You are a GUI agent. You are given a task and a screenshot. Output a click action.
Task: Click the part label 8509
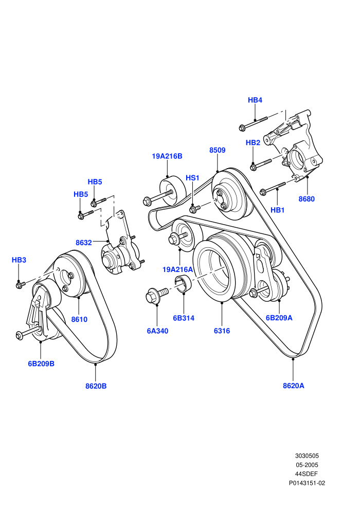[x=217, y=150]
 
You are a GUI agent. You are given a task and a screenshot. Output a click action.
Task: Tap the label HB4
[x=255, y=100]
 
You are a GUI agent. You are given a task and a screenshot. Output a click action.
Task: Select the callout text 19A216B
[x=167, y=156]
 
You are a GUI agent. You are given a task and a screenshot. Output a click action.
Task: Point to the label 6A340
[x=157, y=331]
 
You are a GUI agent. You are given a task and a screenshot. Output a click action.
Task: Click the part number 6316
[x=222, y=331]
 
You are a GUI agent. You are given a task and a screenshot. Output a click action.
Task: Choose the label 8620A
[x=294, y=386]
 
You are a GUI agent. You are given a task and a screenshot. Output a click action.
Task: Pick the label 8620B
[x=96, y=386]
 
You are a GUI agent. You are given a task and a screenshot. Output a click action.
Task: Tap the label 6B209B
[x=41, y=363]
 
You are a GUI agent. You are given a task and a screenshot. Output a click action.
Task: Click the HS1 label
[x=192, y=178]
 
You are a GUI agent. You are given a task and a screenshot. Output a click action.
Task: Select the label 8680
[x=307, y=198]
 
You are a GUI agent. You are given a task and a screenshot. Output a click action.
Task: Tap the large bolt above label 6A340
[x=157, y=295]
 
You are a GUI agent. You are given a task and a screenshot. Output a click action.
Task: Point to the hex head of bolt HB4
[x=242, y=128]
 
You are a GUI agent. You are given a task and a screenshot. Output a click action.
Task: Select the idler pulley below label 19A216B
[x=173, y=191]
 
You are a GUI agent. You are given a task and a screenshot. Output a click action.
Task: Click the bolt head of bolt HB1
[x=263, y=192]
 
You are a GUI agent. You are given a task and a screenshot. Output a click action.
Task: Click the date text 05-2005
[x=307, y=465]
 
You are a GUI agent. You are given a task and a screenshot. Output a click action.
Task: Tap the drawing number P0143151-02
[x=307, y=483]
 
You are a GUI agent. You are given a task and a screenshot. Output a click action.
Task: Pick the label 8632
[x=84, y=243]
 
